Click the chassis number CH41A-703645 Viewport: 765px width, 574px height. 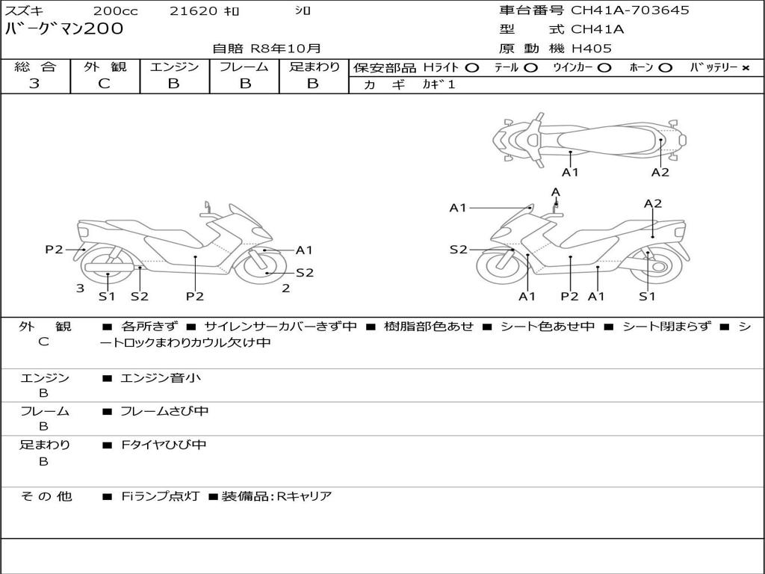pyautogui.click(x=630, y=10)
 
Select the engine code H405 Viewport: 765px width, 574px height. pyautogui.click(x=592, y=49)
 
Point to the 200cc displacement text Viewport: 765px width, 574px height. pyautogui.click(x=116, y=10)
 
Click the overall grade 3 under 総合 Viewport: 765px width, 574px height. pyautogui.click(x=34, y=84)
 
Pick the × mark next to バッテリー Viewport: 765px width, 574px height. pyautogui.click(x=746, y=68)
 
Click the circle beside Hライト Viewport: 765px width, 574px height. pyautogui.click(x=472, y=68)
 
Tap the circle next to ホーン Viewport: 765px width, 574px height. pyautogui.click(x=665, y=68)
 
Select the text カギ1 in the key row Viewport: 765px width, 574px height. pyautogui.click(x=439, y=84)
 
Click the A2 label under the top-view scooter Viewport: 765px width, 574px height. pyautogui.click(x=660, y=173)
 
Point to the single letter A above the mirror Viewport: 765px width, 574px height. pyautogui.click(x=556, y=192)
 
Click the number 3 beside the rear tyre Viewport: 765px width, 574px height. pyautogui.click(x=81, y=288)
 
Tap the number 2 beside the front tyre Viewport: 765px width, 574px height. pyautogui.click(x=286, y=288)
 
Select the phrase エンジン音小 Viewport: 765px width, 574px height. pyautogui.click(x=161, y=377)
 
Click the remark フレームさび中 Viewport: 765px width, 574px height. pyautogui.click(x=164, y=412)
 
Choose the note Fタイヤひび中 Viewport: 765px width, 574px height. pyautogui.click(x=164, y=445)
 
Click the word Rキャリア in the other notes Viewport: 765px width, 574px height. pyautogui.click(x=305, y=496)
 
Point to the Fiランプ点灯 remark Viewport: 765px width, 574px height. pyautogui.click(x=161, y=496)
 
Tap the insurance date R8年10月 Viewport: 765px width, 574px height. pyautogui.click(x=286, y=49)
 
